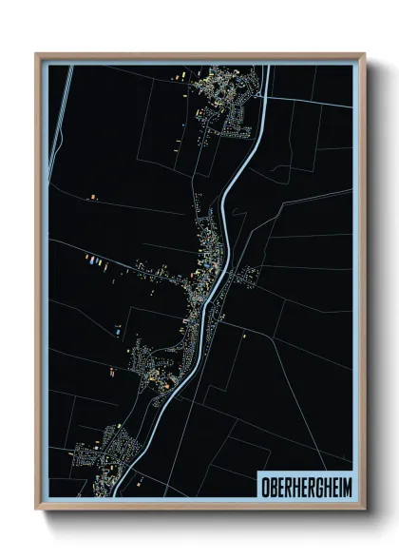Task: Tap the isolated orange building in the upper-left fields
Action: (x=93, y=197)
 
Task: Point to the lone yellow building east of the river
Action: (x=244, y=335)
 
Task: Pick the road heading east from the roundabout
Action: (x=304, y=95)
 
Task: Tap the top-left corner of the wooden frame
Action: (x=37, y=54)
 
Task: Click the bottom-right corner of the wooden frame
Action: (x=364, y=509)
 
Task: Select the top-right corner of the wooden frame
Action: (x=364, y=54)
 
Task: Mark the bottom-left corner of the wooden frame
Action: (x=37, y=509)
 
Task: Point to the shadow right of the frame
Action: (x=372, y=285)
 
